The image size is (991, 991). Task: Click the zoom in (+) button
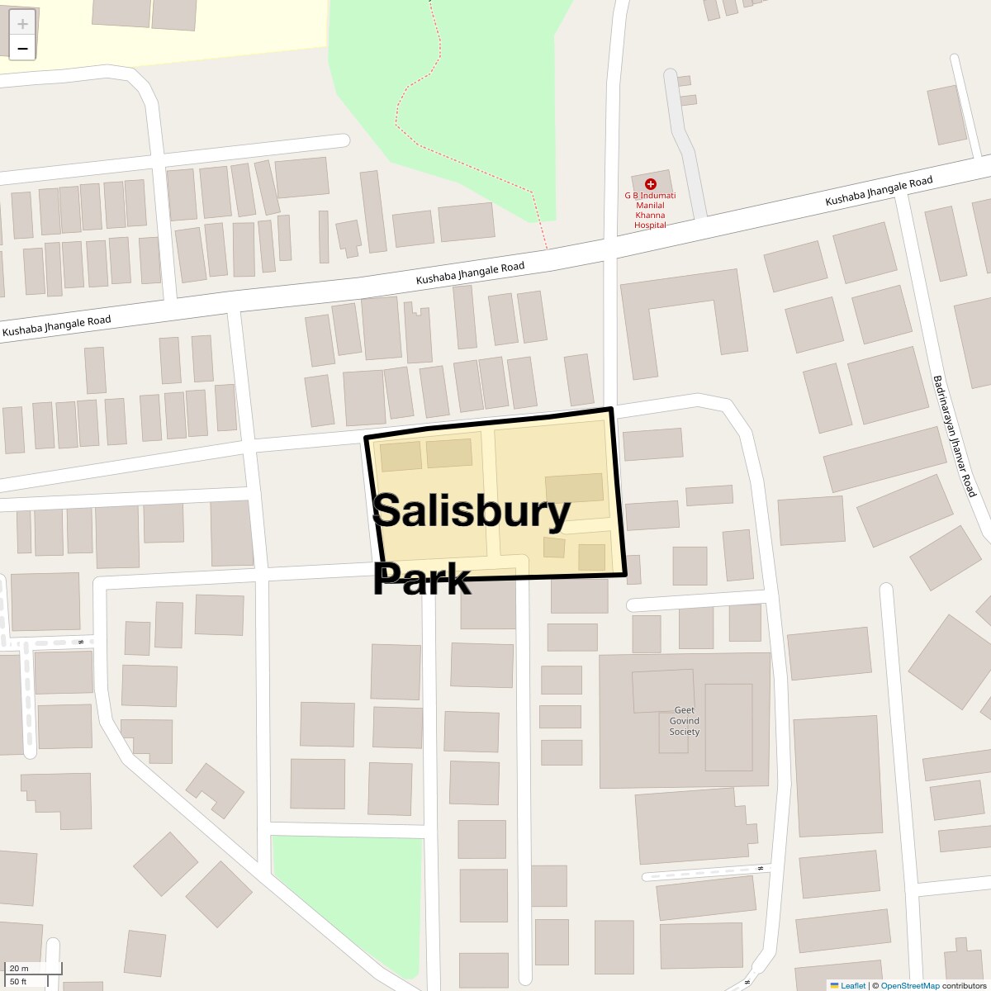tap(22, 23)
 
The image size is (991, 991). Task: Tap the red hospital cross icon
tap(651, 184)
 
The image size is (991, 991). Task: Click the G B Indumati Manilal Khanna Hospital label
tap(650, 210)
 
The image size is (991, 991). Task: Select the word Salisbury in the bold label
tap(472, 511)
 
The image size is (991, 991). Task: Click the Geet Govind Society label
tap(684, 721)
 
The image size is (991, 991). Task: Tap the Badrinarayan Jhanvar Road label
tap(954, 436)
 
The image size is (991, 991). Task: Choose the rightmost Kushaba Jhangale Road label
tap(879, 192)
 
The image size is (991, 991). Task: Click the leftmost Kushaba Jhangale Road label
tap(56, 326)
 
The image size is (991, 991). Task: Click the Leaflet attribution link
tap(853, 985)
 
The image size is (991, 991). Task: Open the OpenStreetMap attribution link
tap(910, 985)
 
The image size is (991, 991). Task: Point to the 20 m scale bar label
tap(19, 968)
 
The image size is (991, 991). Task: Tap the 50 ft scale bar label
tap(19, 981)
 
